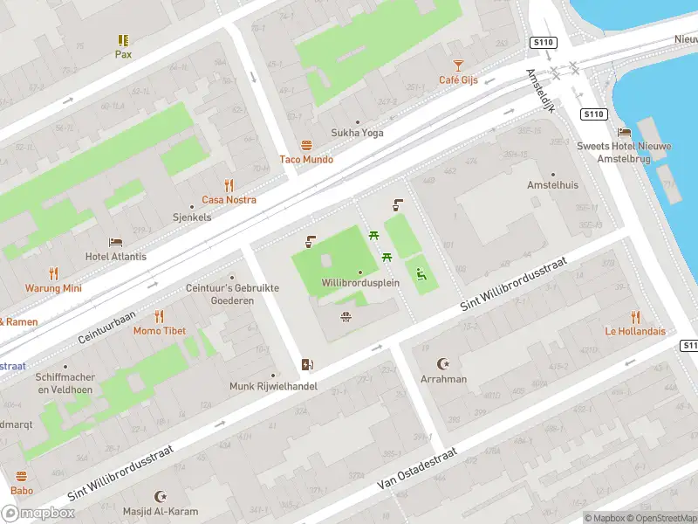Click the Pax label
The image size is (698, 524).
point(123,53)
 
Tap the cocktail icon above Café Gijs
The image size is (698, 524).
point(458,65)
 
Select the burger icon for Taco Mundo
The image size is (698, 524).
point(306,145)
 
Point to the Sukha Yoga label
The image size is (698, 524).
point(357,133)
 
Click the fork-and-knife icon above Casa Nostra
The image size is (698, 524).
point(229,185)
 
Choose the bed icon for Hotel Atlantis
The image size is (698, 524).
point(115,242)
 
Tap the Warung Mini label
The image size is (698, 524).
point(53,288)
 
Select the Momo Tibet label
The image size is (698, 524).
point(159,331)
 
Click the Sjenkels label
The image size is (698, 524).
point(192,217)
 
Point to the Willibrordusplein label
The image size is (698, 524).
point(359,284)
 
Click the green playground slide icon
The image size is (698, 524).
point(421,275)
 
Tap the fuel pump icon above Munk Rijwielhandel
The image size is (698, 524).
point(306,364)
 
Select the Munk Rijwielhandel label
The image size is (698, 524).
point(273,386)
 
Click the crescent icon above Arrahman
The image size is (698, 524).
point(444,364)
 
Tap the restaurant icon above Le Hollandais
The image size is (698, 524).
point(635,316)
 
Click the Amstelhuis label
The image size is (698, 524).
point(552,185)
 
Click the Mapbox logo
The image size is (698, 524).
point(38,513)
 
